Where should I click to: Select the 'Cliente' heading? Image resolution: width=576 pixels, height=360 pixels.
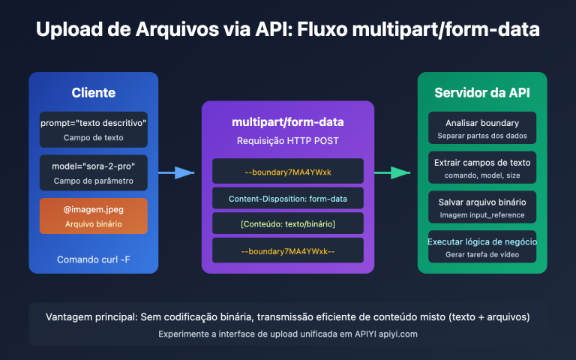[x=93, y=93]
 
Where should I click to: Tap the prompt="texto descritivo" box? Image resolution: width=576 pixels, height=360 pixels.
[x=93, y=129]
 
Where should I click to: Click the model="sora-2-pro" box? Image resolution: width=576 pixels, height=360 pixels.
[x=93, y=172]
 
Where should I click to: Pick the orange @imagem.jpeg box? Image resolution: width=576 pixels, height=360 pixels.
[x=93, y=216]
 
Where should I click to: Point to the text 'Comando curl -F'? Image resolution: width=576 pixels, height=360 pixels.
[x=93, y=259]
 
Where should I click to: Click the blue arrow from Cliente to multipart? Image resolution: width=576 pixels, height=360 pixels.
[x=176, y=173]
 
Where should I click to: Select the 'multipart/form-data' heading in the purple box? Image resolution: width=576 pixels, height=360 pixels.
[x=288, y=122]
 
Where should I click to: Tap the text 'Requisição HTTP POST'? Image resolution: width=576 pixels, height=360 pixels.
[x=288, y=140]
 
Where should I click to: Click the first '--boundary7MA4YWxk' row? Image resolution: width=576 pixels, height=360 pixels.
[x=288, y=172]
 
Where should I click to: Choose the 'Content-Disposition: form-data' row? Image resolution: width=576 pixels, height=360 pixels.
[x=288, y=198]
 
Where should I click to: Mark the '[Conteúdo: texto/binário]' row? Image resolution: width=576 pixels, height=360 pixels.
[x=288, y=224]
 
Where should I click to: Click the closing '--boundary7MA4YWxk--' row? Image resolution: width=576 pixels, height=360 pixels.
[x=288, y=250]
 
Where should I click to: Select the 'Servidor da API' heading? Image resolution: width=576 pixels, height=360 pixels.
[x=482, y=93]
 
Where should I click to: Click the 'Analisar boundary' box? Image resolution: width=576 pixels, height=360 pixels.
[x=482, y=128]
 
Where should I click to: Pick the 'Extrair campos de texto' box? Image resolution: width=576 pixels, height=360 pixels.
[x=482, y=168]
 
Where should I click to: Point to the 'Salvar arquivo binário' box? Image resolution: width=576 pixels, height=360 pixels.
[x=482, y=208]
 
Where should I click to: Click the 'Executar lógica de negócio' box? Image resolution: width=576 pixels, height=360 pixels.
[x=482, y=247]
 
